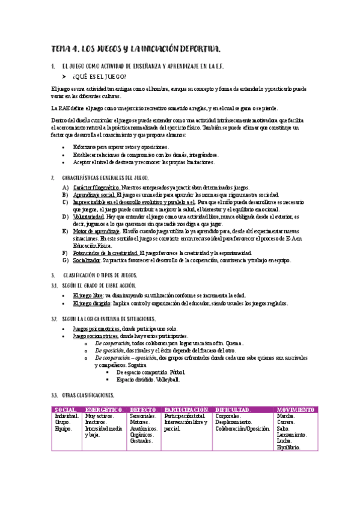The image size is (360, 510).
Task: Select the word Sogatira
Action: pos(138,364)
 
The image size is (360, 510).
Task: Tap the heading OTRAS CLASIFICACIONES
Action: pos(88,395)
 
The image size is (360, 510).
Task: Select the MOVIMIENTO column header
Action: pos(296,410)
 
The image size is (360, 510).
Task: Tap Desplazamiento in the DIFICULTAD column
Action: pos(236,422)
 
